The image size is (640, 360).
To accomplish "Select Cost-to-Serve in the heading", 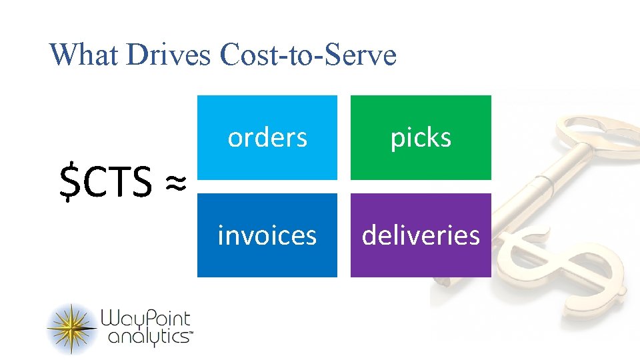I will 307,55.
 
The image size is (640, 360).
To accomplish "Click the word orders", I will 267,137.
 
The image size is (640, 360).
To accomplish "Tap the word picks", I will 421,138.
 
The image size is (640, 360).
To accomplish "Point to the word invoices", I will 267,235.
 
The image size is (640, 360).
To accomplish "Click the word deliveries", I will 421,235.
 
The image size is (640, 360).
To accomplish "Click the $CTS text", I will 106,183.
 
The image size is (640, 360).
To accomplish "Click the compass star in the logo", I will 71,327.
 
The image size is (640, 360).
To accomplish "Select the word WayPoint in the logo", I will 145,319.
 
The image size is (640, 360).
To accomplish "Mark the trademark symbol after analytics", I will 191,337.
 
